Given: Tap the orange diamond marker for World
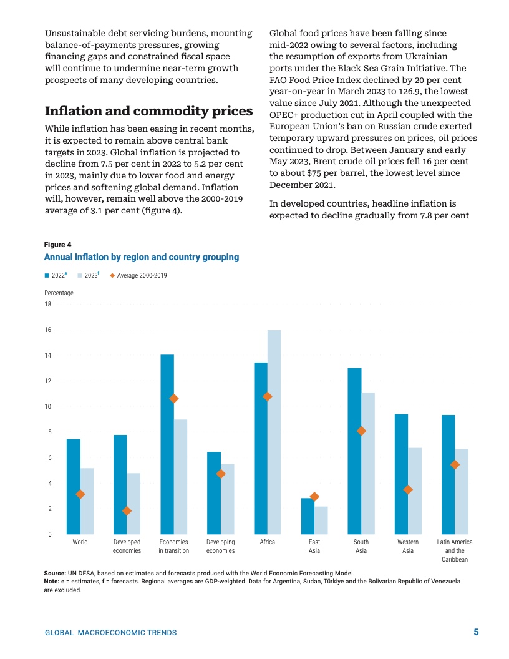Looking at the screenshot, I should point(80,494).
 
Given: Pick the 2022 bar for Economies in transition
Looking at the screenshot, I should point(167,444).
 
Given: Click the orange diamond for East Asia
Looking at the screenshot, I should point(314,497).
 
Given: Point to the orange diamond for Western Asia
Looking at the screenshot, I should point(408,489).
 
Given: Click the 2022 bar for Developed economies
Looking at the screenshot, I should point(120,484).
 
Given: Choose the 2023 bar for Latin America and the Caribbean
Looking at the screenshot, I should point(462,492).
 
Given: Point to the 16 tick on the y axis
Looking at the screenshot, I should point(48,330).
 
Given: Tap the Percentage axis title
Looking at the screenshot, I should point(59,293).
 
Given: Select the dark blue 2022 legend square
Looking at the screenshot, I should point(47,275).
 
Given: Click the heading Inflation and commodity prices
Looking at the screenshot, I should point(148,111).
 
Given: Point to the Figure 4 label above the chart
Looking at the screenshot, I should point(57,244).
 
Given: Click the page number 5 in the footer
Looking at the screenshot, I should point(476,632).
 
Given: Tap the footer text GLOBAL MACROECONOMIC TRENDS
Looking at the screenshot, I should point(110,633).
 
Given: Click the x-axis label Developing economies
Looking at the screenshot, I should point(220,546).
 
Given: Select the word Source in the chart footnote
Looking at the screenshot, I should point(55,573).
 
